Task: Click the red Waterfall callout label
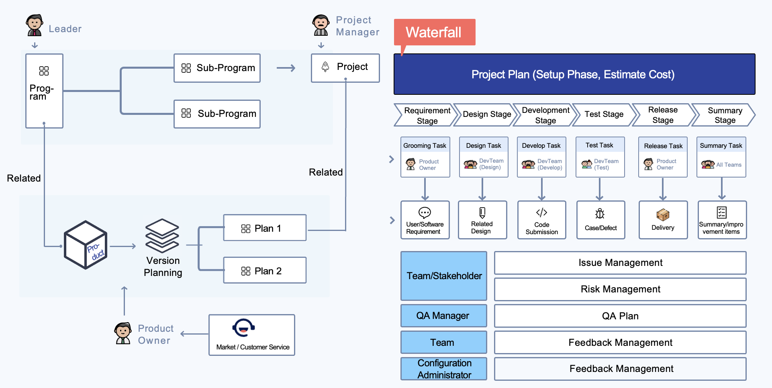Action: click(x=434, y=32)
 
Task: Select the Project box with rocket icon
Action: click(x=345, y=67)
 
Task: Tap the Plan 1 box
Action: click(x=265, y=228)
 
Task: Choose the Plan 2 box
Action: click(x=265, y=270)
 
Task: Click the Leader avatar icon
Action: click(x=35, y=25)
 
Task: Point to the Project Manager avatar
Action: click(x=321, y=25)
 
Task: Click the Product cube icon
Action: click(x=86, y=245)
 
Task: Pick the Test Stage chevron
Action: click(x=604, y=114)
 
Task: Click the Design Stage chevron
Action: click(x=486, y=114)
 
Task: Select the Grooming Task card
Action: click(x=425, y=157)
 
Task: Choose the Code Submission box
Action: click(x=541, y=220)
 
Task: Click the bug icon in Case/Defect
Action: click(x=600, y=213)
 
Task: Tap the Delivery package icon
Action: click(x=663, y=214)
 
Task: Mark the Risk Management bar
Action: click(x=620, y=289)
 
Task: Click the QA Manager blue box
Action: click(x=443, y=316)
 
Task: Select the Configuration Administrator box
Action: click(x=443, y=369)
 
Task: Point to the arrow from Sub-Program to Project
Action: click(x=286, y=68)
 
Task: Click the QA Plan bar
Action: click(x=620, y=316)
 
